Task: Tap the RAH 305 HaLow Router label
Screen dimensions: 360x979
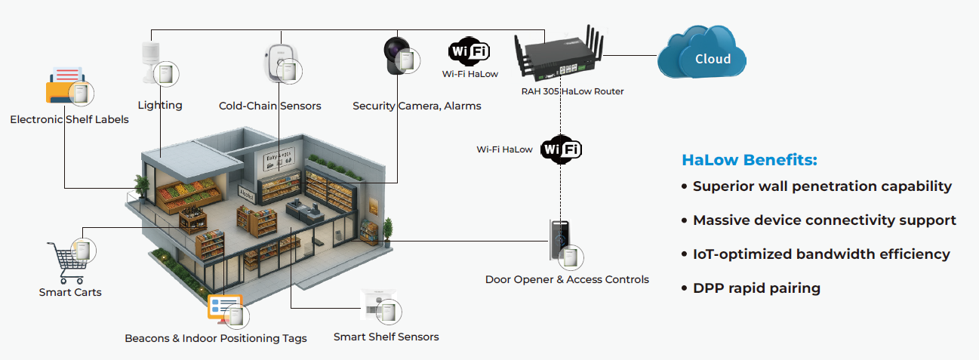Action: point(572,91)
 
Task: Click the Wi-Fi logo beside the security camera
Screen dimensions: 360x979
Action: point(469,51)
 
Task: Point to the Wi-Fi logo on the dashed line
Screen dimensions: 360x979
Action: point(562,149)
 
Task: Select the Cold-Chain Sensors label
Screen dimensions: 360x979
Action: point(269,106)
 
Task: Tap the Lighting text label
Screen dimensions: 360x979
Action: point(160,105)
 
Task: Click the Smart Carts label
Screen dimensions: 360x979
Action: point(70,292)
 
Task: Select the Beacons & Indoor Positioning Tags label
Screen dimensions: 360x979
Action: point(216,338)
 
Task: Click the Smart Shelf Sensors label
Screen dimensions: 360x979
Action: point(386,337)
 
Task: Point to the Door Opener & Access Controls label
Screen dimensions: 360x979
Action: point(567,279)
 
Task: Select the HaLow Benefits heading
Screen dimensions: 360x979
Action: point(750,160)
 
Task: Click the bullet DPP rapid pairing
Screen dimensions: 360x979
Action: point(756,288)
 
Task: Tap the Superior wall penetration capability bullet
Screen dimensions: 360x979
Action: point(821,186)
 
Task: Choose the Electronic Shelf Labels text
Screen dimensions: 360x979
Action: point(69,119)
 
